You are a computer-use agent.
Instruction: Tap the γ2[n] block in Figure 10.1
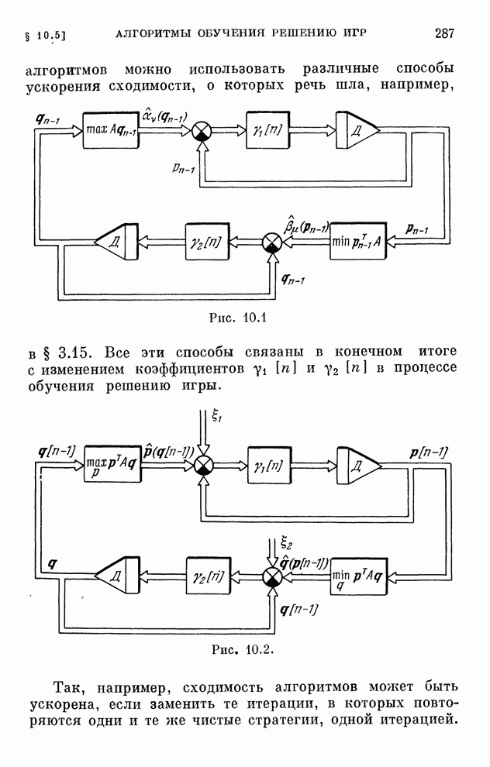coord(205,241)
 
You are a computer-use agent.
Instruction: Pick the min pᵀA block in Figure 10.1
coord(354,241)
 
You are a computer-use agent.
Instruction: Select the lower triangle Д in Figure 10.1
coord(115,242)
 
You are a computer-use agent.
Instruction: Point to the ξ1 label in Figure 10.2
coord(217,417)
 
